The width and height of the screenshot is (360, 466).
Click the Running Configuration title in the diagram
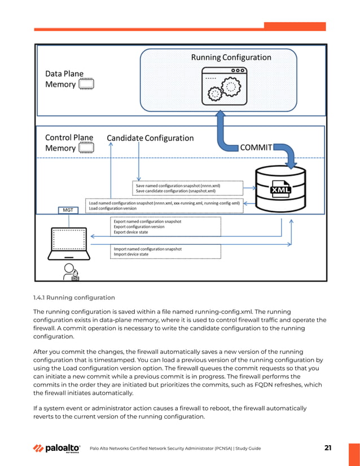point(231,57)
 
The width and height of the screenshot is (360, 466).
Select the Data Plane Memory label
point(61,78)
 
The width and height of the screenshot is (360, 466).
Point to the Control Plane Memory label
point(61,143)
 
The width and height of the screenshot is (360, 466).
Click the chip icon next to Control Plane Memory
point(86,148)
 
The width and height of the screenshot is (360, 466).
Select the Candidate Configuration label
point(150,138)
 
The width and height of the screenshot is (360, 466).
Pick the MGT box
point(67,210)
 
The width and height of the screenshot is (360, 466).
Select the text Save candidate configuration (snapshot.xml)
point(176,191)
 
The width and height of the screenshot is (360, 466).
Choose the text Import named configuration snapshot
point(148,248)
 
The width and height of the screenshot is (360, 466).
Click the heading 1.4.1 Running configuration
point(74,297)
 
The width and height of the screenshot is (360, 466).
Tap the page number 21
point(328,448)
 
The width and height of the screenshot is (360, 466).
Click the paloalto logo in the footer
point(56,449)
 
